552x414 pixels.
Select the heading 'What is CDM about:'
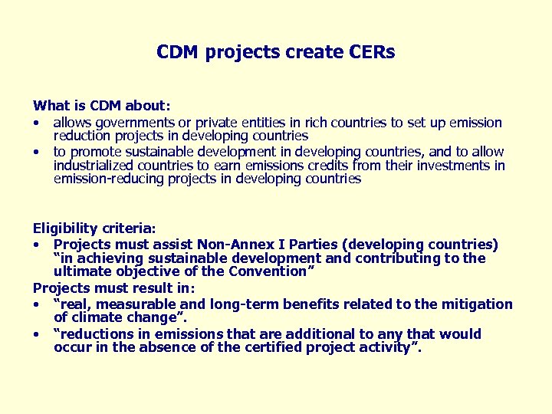pos(102,106)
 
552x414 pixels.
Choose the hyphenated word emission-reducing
pos(110,179)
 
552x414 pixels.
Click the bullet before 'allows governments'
pos(36,123)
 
